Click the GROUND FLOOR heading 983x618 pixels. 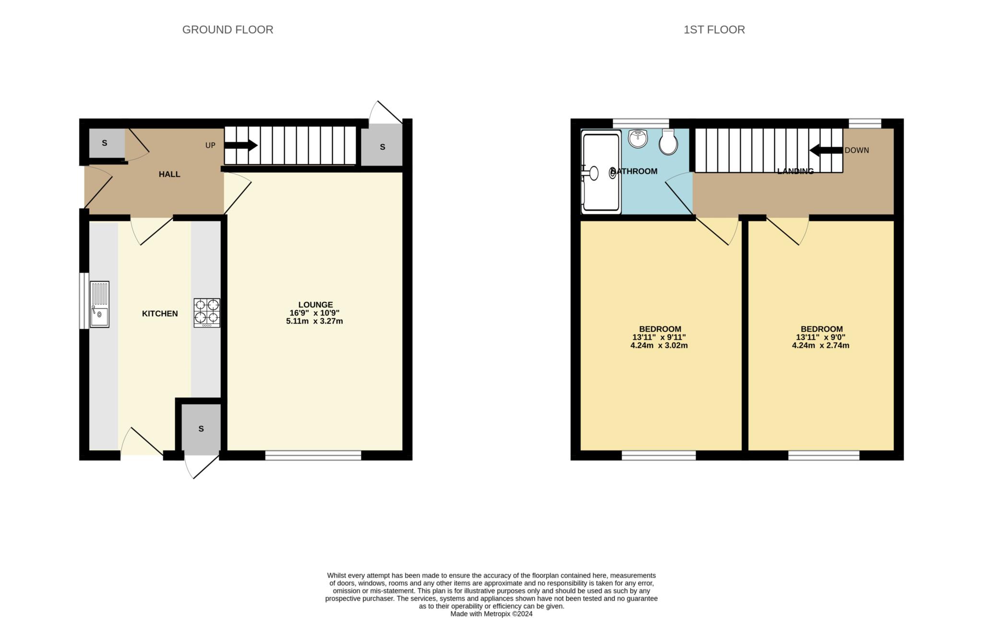[x=228, y=30]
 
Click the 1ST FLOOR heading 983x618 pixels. [x=714, y=30]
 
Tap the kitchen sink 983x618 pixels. [x=100, y=304]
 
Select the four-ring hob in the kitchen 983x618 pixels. [x=207, y=313]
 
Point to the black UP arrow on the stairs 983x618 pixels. [x=241, y=145]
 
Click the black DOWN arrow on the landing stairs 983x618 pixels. [x=826, y=150]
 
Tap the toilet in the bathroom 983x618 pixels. [x=668, y=141]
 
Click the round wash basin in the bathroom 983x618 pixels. [x=638, y=139]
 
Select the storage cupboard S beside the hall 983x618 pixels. [x=105, y=143]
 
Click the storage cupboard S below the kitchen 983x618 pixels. [x=201, y=428]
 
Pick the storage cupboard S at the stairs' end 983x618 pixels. [x=382, y=147]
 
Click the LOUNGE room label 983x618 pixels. [x=315, y=305]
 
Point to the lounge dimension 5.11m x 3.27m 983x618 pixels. [x=314, y=321]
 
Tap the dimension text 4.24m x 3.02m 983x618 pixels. [x=659, y=345]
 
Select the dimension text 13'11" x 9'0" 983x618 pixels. [x=821, y=337]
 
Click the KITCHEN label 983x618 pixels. [x=160, y=313]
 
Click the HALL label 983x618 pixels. [x=169, y=174]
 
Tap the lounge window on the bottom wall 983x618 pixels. [x=313, y=455]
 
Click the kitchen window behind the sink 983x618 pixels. [x=84, y=301]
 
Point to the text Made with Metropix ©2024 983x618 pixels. [x=491, y=614]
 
